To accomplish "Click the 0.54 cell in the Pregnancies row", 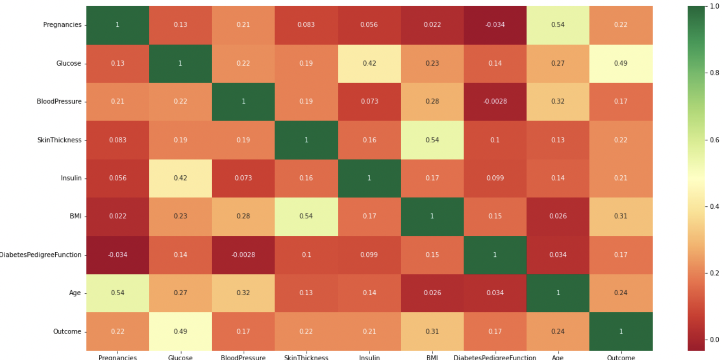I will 558,25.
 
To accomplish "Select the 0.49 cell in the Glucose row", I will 620,63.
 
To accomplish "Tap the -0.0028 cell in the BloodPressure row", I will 495,102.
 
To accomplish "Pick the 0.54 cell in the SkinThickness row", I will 432,140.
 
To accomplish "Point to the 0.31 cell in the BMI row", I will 620,216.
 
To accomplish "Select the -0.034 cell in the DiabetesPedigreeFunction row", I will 117,255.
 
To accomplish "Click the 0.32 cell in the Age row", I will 243,293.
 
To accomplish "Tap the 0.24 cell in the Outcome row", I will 558,331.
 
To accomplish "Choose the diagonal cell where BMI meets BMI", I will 432,216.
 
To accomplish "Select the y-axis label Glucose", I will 69,63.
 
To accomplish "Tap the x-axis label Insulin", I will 369,357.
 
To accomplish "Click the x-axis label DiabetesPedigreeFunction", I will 495,357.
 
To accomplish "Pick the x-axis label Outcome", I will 620,357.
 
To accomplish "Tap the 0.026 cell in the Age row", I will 432,293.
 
